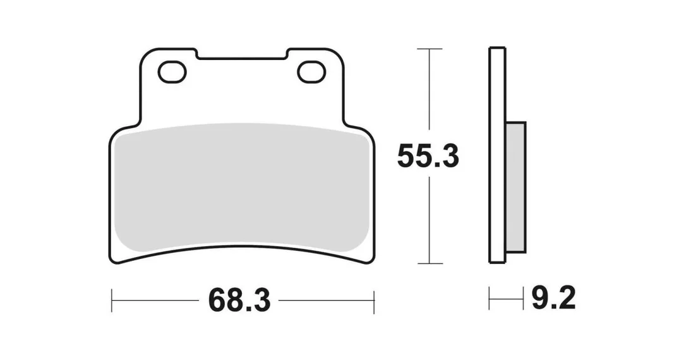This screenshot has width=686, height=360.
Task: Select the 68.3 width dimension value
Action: pos(239,300)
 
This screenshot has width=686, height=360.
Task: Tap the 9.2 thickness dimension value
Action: pos(553,298)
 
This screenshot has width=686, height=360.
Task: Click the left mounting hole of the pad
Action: pos(172,72)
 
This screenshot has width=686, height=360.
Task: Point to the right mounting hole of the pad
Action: pos(311,72)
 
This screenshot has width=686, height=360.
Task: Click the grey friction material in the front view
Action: pos(241,188)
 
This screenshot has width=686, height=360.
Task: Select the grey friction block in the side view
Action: pos(515,187)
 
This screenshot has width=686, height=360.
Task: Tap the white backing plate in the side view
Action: pos(497,155)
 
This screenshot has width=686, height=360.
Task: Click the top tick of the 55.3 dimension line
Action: pos(430,49)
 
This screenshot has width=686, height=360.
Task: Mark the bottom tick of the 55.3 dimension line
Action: pos(430,263)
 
